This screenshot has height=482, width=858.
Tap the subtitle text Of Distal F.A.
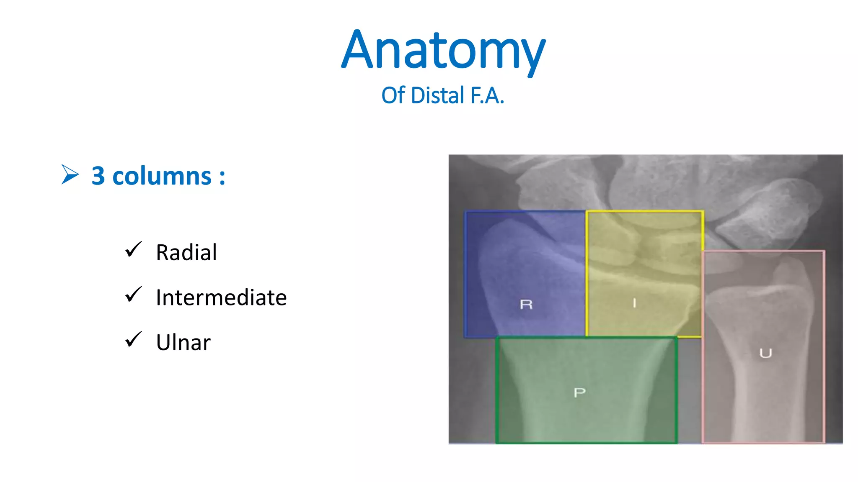pyautogui.click(x=442, y=95)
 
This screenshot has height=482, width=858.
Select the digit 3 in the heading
pyautogui.click(x=98, y=176)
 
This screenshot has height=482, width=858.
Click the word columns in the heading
pyautogui.click(x=162, y=176)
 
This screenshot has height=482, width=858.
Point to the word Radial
pyautogui.click(x=186, y=252)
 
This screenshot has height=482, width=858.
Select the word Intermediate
pyautogui.click(x=221, y=297)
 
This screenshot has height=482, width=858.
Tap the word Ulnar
pyautogui.click(x=183, y=343)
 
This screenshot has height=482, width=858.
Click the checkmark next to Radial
pyautogui.click(x=133, y=249)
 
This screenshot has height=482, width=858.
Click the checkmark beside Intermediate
pyautogui.click(x=133, y=295)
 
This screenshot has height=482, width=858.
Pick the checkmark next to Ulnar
pyautogui.click(x=133, y=339)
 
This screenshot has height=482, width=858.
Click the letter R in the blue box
pyautogui.click(x=526, y=304)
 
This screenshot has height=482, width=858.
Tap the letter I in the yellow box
pyautogui.click(x=634, y=303)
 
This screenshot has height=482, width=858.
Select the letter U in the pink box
pyautogui.click(x=765, y=354)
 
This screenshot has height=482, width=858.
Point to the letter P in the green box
pyautogui.click(x=579, y=392)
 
